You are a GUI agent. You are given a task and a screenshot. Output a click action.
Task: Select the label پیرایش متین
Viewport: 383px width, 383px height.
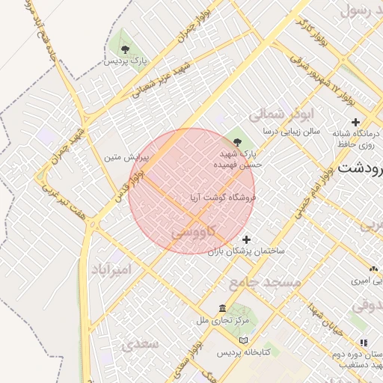(127, 158)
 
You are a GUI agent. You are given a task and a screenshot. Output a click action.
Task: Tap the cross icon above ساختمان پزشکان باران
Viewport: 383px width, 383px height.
(247, 239)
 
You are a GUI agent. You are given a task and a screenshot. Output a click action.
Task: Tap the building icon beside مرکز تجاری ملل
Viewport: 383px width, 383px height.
(222, 308)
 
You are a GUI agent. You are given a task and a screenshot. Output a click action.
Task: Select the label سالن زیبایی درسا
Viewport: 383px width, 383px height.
(291, 131)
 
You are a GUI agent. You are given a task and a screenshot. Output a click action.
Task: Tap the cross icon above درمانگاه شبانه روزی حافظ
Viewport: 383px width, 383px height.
(355, 122)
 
